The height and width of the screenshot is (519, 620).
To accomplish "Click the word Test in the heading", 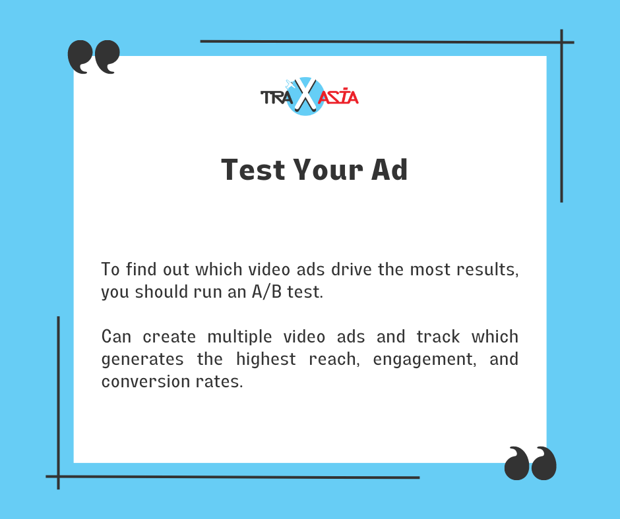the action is [x=253, y=170].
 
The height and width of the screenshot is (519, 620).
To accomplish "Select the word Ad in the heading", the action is [x=389, y=169].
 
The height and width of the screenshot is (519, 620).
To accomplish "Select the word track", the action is [x=438, y=337].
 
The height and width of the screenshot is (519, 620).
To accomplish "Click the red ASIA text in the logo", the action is [x=338, y=96].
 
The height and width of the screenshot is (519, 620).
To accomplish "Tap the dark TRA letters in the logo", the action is [x=277, y=97].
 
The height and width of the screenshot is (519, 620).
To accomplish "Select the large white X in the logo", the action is [x=305, y=95].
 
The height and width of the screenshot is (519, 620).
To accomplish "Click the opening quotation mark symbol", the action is [x=94, y=57].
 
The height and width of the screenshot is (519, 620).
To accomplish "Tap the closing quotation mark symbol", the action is [x=530, y=463].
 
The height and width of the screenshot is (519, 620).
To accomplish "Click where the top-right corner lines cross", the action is [x=561, y=42].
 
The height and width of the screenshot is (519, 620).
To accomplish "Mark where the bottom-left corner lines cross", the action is [x=59, y=477].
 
